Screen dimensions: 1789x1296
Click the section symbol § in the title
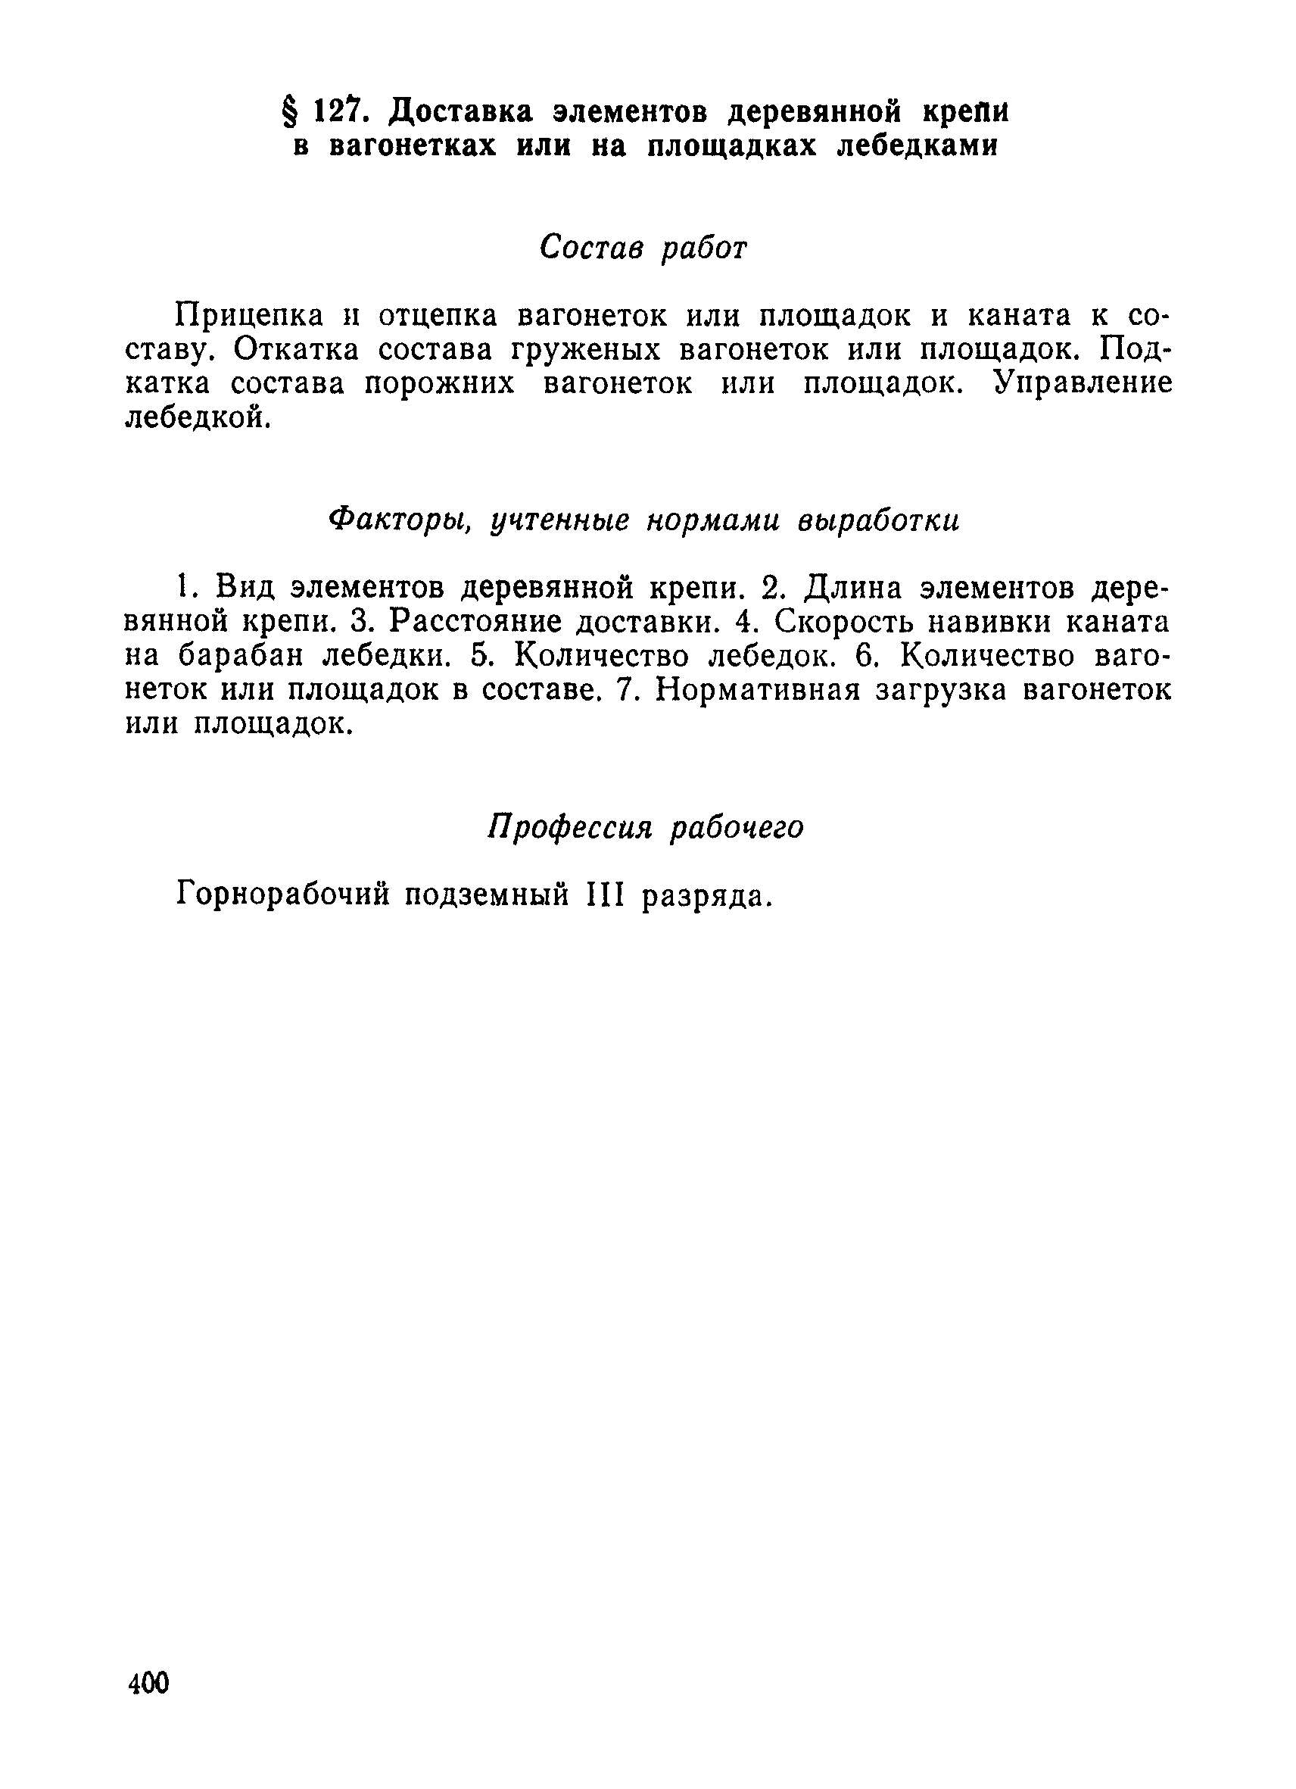pyautogui.click(x=290, y=114)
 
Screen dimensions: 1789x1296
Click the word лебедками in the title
pyautogui.click(x=917, y=148)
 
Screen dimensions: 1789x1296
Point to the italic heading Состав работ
pyautogui.click(x=643, y=248)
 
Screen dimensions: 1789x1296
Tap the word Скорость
pyautogui.click(x=847, y=623)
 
